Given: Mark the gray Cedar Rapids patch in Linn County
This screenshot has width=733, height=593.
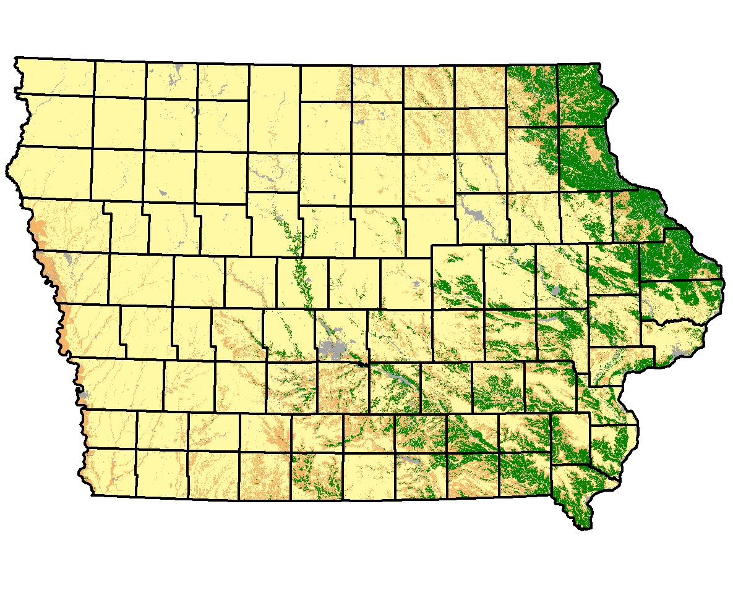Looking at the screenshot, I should (x=556, y=290).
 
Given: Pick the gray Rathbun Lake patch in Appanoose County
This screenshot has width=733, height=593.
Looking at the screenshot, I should (x=405, y=460).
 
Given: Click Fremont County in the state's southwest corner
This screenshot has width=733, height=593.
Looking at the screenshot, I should (x=111, y=473).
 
